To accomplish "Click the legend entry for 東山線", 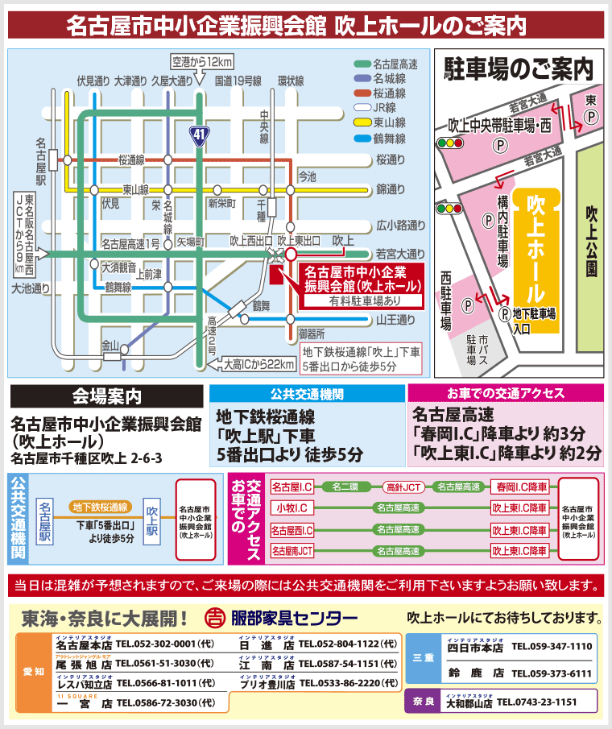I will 389,122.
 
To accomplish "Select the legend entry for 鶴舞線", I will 389,138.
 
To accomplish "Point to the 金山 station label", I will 109,344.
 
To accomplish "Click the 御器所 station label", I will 311,333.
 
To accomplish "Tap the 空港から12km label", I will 202,61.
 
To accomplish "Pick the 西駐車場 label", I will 445,300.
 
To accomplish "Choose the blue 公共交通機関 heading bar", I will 307,394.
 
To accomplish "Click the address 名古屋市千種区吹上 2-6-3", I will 87,458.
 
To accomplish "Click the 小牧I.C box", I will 292,508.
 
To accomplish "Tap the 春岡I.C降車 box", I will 522,487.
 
